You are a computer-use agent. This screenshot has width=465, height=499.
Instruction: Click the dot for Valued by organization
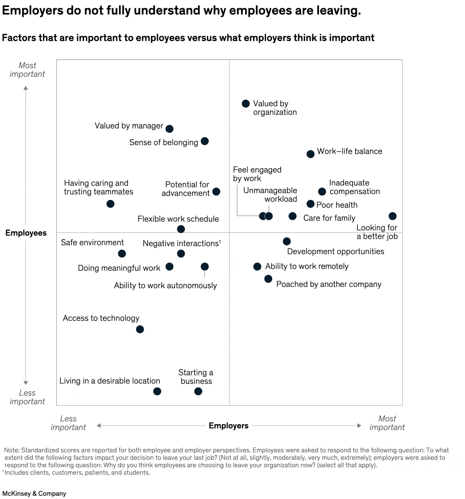tap(246, 104)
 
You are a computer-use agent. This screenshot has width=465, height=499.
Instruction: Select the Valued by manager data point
tap(169, 129)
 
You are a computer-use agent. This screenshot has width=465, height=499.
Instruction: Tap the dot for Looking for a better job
tap(393, 216)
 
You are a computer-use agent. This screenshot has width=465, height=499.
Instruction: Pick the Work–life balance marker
tap(310, 154)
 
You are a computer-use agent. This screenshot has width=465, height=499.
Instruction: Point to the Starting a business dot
tap(198, 391)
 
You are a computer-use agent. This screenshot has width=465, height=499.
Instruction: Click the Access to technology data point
tap(140, 329)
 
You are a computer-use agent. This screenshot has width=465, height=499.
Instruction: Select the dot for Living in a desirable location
tap(157, 391)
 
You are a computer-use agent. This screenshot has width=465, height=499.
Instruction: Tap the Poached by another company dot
tap(268, 279)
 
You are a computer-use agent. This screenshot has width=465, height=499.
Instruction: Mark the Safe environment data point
tap(122, 253)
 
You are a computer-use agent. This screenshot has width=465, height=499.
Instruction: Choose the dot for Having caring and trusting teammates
tap(110, 204)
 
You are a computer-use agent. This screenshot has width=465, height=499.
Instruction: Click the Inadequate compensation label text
tap(354, 187)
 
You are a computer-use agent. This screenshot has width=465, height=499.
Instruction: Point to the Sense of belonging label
tap(163, 142)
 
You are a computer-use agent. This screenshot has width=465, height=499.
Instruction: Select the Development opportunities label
tap(336, 251)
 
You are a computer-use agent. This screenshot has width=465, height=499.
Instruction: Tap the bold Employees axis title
tap(26, 233)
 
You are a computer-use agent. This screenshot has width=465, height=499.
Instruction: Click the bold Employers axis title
tap(229, 426)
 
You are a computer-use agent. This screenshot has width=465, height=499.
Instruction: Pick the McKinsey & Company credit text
tap(34, 493)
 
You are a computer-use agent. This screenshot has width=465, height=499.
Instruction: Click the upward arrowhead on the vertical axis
tap(26, 88)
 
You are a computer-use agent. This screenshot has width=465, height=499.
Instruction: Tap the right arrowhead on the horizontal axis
tap(359, 426)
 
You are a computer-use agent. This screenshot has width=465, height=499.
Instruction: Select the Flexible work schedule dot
tap(181, 229)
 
